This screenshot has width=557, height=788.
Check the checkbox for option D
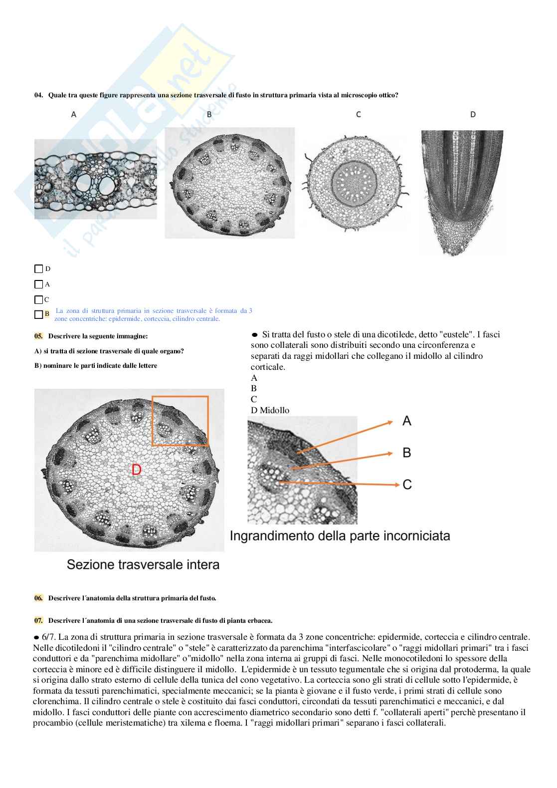pyautogui.click(x=38, y=269)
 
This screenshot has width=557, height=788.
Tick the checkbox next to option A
pyautogui.click(x=38, y=284)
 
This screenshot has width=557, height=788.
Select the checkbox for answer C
pyautogui.click(x=38, y=300)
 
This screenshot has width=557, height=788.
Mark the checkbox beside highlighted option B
pyautogui.click(x=38, y=314)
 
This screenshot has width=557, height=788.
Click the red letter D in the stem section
pyautogui.click(x=136, y=469)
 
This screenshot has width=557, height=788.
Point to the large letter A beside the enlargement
pyautogui.click(x=407, y=421)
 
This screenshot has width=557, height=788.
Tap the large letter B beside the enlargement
pyautogui.click(x=407, y=453)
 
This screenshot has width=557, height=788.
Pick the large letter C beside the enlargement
pyautogui.click(x=407, y=485)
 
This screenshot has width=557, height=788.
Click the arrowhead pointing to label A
pyautogui.click(x=389, y=422)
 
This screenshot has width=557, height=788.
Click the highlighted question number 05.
pyautogui.click(x=38, y=336)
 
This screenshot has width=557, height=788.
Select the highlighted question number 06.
pyautogui.click(x=38, y=598)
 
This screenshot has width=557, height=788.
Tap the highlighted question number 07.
pyautogui.click(x=38, y=621)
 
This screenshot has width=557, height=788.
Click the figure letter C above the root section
pyautogui.click(x=358, y=115)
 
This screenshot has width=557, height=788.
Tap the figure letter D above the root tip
pyautogui.click(x=473, y=115)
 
